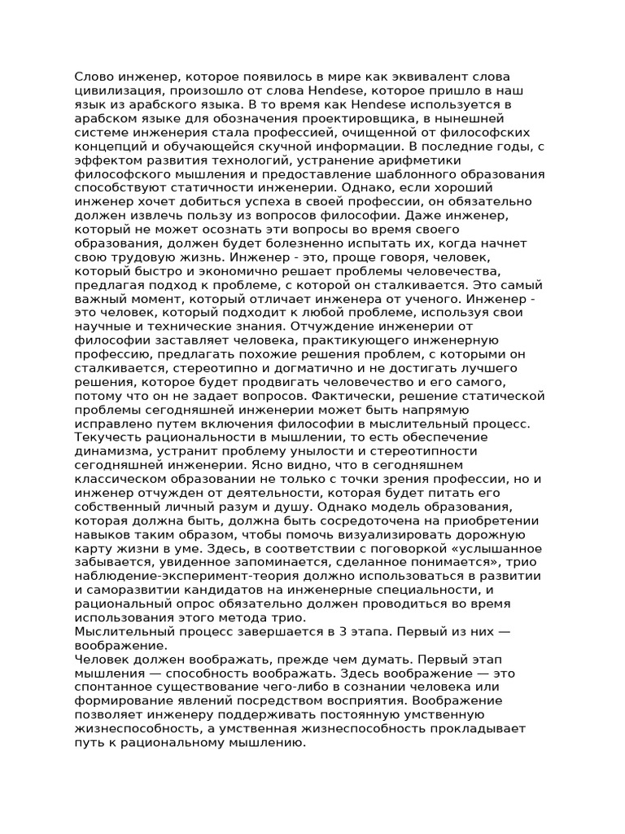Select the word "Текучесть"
(x=108, y=438)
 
